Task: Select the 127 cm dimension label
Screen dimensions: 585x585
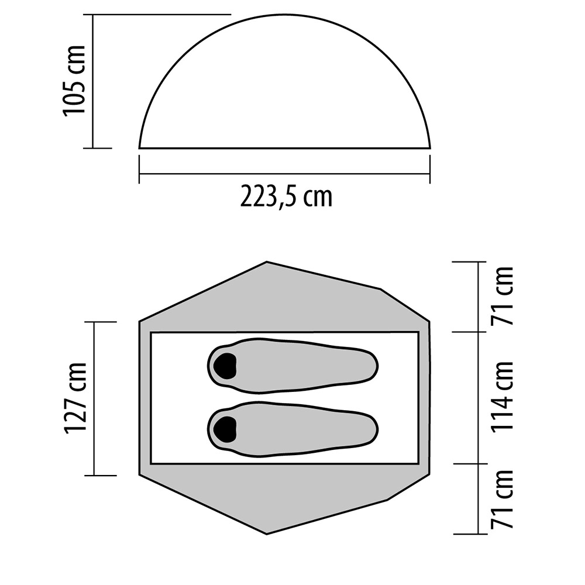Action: click(x=75, y=398)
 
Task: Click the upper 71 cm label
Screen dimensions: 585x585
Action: click(x=502, y=296)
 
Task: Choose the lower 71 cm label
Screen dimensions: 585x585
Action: click(x=502, y=499)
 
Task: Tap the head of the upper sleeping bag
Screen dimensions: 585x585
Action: click(x=225, y=365)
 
